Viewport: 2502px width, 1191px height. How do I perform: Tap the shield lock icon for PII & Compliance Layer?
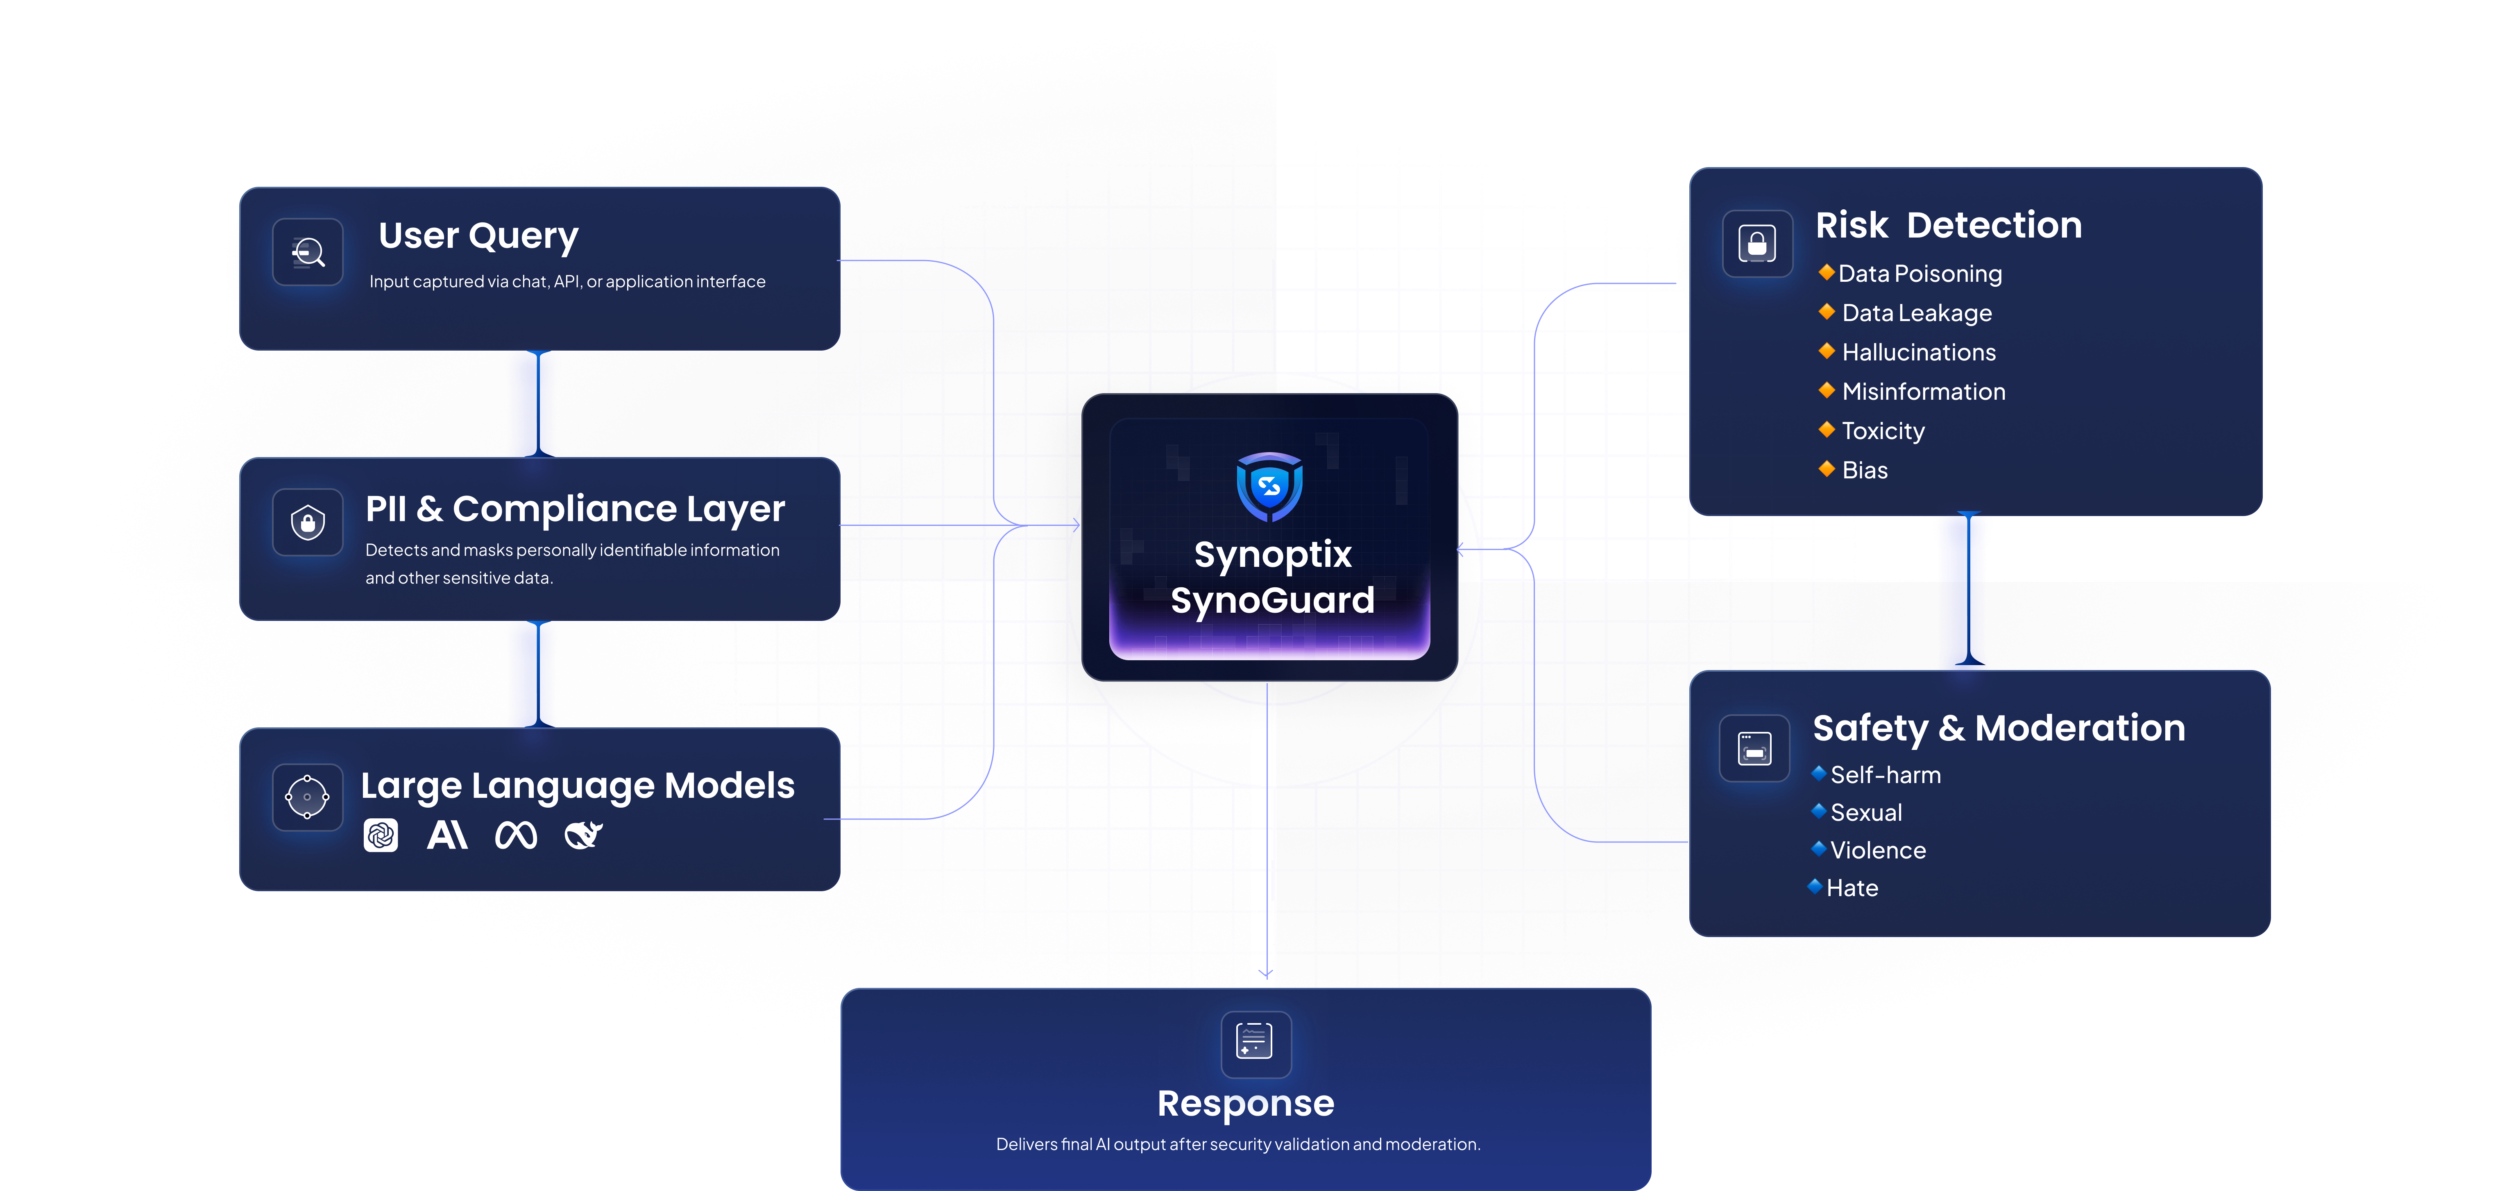point(308,523)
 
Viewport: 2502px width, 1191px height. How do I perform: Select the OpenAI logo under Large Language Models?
point(381,834)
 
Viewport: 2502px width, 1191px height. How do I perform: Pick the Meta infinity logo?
point(516,834)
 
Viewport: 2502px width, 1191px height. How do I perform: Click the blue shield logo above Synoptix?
point(1269,486)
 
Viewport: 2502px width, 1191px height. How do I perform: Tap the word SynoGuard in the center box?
point(1272,600)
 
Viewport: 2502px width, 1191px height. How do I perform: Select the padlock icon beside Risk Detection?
point(1757,243)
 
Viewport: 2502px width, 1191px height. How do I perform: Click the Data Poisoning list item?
point(1919,274)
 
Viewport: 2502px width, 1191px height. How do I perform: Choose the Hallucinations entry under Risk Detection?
point(1918,353)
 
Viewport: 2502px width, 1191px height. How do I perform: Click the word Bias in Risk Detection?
point(1865,470)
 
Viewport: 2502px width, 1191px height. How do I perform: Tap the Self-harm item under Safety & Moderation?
point(1885,775)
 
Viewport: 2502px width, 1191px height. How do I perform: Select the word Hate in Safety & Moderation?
point(1852,888)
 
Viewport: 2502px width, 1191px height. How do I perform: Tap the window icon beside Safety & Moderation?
point(1754,748)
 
